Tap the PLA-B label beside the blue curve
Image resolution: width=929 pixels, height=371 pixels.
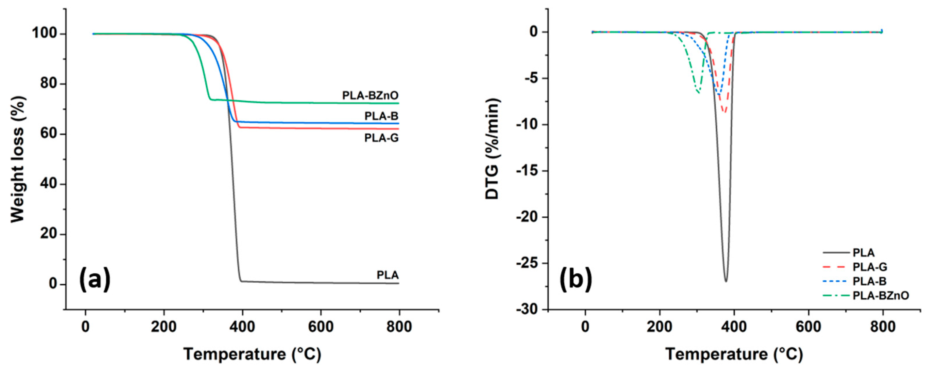tap(381, 116)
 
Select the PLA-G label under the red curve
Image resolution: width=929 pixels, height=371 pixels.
tap(381, 138)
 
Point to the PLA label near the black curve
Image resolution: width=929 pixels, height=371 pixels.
tap(388, 275)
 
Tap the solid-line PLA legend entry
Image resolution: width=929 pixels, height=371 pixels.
tap(864, 253)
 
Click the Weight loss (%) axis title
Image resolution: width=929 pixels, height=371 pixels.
tap(17, 159)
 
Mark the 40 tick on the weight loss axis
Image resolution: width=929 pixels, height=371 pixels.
tap(48, 184)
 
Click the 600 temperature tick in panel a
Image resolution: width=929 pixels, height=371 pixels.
tap(321, 327)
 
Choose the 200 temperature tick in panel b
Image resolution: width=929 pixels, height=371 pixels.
tap(660, 327)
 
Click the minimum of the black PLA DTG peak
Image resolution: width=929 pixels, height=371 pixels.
tap(726, 281)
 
